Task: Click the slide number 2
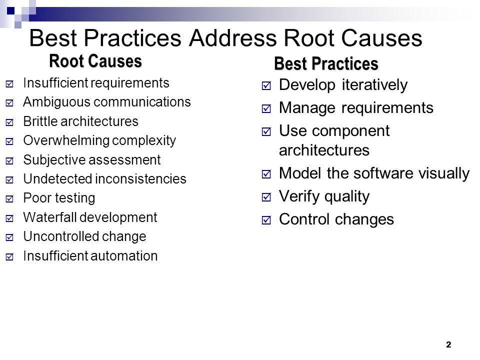pos(448,344)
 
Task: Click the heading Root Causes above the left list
pos(95,61)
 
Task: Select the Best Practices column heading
pos(326,63)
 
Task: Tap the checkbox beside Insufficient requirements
pos(9,83)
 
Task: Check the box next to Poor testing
pos(9,198)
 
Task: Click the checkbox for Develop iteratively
pos(266,85)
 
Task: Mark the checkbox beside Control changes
pos(266,220)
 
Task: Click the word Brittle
pos(40,121)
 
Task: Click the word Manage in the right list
pos(307,108)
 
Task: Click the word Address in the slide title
pos(233,38)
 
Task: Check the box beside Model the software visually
pos(266,174)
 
